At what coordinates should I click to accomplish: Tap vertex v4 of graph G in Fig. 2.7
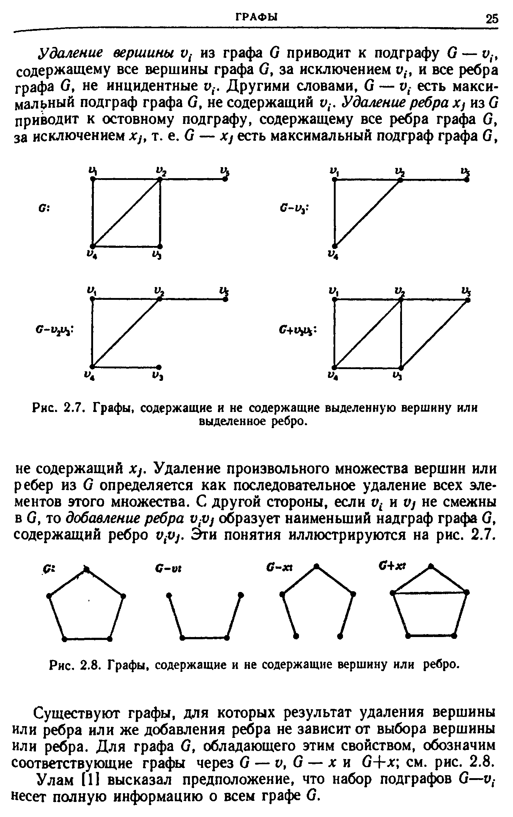coord(93,246)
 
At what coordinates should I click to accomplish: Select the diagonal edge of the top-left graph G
coord(126,212)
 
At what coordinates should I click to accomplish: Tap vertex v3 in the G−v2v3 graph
coord(159,367)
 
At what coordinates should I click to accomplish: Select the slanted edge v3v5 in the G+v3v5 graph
coord(434,334)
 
